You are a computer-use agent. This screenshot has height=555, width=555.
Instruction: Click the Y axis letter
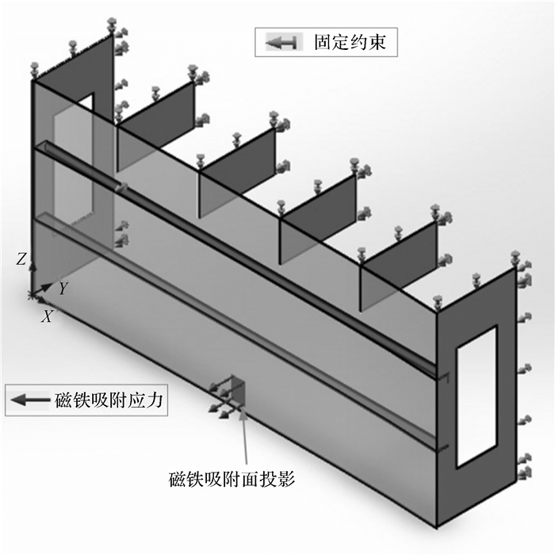click(x=62, y=289)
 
